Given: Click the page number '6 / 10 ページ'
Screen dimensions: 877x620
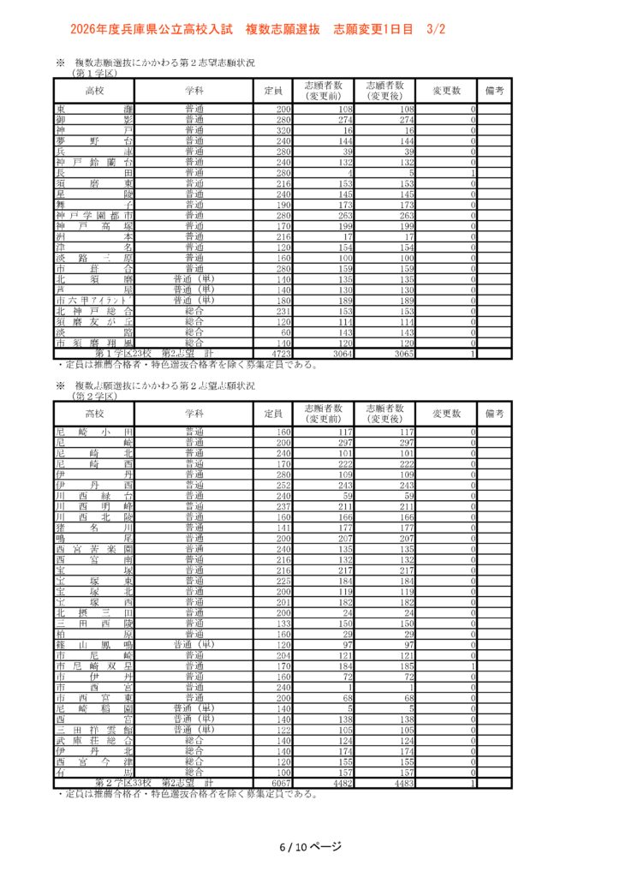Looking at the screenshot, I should coord(310,847).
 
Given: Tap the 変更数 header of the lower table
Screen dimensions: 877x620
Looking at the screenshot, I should coord(446,414).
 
